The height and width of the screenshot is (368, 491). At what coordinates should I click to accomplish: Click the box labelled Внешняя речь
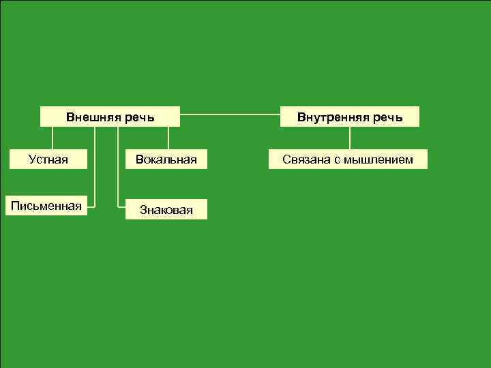tap(110, 117)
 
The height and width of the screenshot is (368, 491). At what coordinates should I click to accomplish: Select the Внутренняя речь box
tap(350, 117)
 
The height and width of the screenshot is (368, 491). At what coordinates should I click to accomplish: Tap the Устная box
tap(48, 159)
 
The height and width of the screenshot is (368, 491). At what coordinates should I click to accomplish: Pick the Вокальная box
tap(166, 159)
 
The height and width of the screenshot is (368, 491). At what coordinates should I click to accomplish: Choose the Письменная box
tap(46, 205)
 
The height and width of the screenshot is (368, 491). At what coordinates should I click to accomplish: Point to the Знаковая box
tap(166, 209)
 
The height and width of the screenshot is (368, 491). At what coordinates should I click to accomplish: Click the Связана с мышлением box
tap(348, 159)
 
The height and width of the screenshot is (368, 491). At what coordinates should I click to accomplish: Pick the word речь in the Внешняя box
tap(139, 117)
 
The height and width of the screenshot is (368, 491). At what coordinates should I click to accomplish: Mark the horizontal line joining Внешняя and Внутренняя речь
tap(230, 112)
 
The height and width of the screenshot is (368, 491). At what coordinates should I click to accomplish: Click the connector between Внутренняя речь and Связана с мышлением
tap(350, 138)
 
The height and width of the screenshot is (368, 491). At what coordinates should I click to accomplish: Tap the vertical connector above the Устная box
tap(53, 138)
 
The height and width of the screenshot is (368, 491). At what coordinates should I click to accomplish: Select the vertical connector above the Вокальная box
tap(168, 138)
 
